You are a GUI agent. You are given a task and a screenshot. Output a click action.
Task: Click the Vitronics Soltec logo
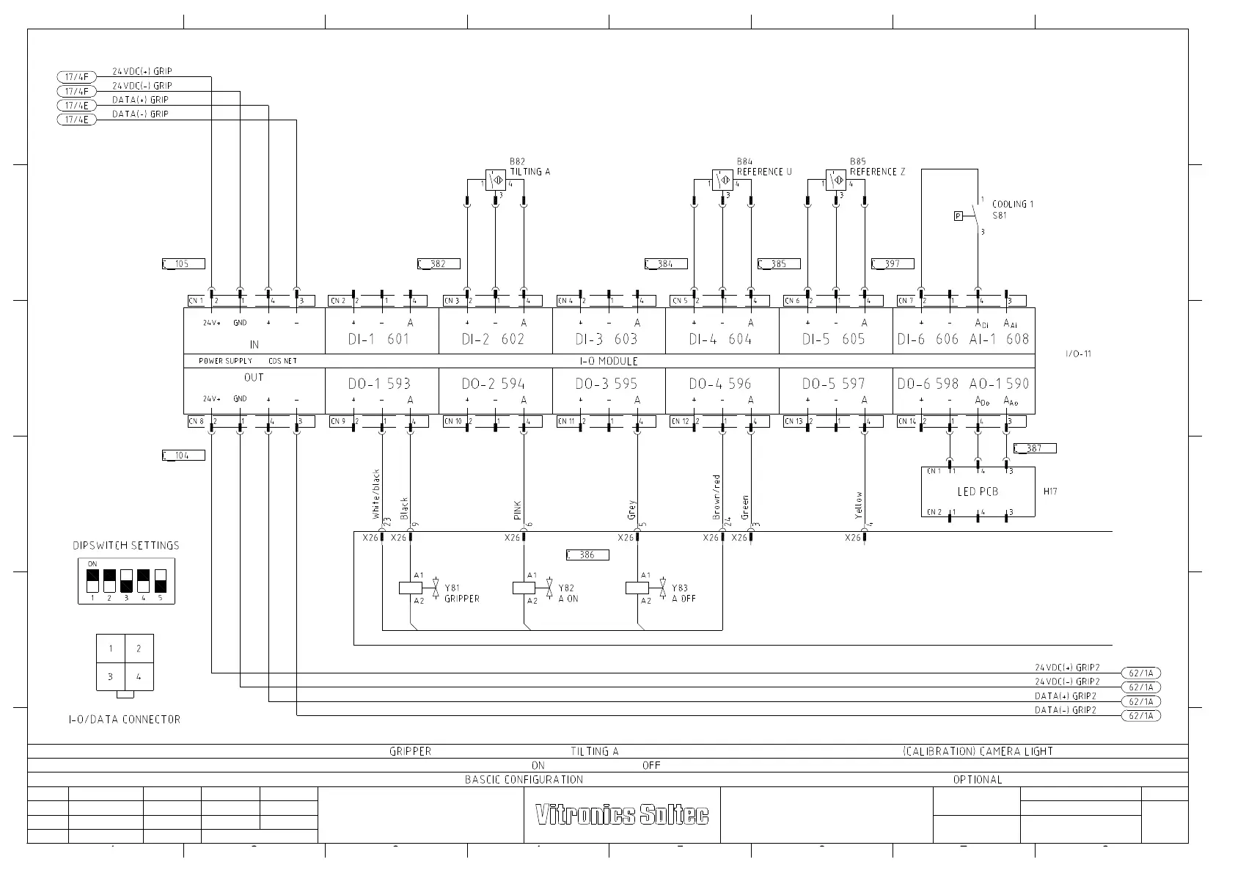click(622, 814)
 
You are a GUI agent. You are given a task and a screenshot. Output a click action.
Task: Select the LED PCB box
click(978, 492)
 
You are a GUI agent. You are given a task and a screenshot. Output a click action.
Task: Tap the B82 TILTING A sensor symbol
click(495, 180)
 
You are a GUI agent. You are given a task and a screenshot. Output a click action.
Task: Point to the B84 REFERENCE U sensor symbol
click(722, 180)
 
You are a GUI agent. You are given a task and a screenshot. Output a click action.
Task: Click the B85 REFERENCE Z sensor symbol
click(835, 180)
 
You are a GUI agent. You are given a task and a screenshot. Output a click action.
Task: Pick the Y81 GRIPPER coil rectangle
click(409, 588)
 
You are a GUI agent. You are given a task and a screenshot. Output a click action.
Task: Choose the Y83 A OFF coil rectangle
click(636, 588)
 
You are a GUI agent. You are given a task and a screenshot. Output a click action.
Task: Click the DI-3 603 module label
click(606, 339)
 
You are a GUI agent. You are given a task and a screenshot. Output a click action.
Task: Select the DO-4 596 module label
click(720, 384)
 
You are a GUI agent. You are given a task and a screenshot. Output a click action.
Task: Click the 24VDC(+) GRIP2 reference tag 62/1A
click(1141, 673)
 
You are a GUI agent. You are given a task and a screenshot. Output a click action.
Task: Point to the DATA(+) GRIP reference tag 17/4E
click(76, 106)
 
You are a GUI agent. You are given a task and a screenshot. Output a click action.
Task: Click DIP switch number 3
click(126, 581)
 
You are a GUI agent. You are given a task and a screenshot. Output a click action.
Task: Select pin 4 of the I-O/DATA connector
click(139, 676)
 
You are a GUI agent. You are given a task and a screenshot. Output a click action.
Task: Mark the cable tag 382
click(439, 264)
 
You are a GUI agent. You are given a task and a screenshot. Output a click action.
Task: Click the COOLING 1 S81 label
click(1012, 210)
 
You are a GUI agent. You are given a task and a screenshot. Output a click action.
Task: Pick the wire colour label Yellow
click(859, 505)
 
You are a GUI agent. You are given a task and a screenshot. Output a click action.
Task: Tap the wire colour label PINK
click(518, 511)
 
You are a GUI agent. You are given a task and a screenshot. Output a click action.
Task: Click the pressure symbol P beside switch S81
click(958, 216)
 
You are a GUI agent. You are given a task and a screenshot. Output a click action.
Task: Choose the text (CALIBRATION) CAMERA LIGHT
click(978, 751)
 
